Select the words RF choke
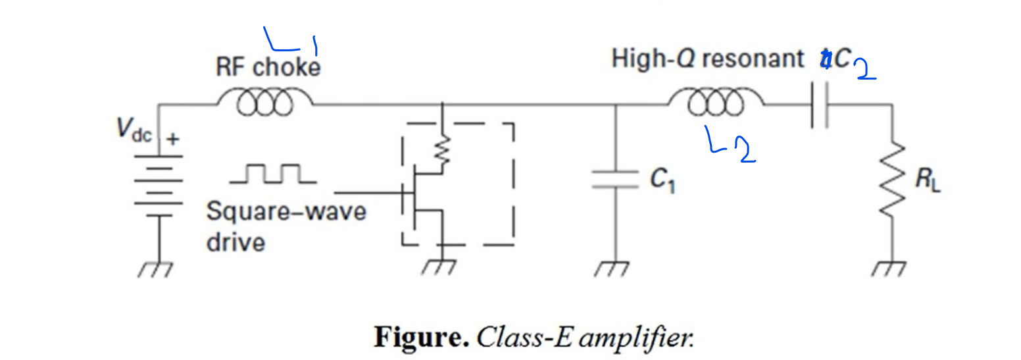[268, 67]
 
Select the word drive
[236, 242]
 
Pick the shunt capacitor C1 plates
[615, 179]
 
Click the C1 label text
[663, 181]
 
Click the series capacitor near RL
[820, 105]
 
